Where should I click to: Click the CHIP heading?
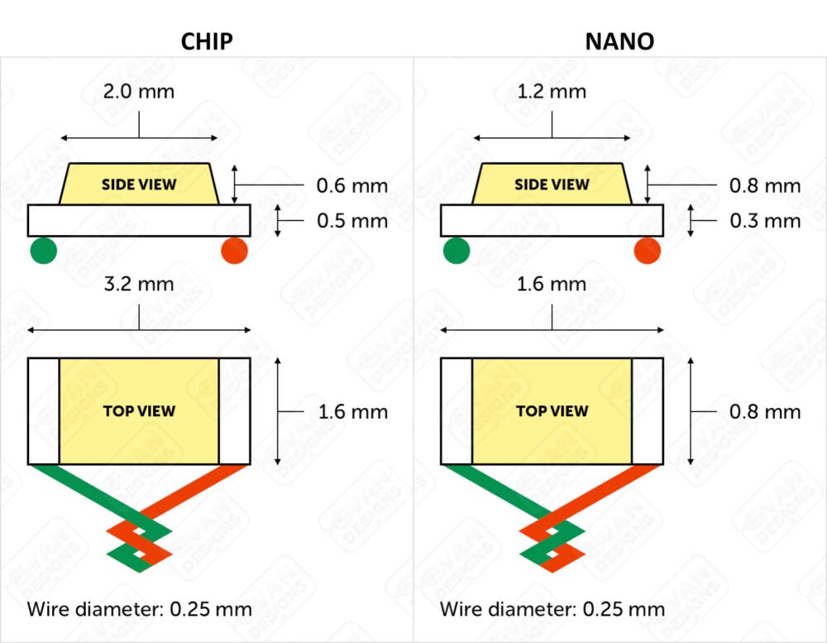(x=207, y=41)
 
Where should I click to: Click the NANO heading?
(x=619, y=41)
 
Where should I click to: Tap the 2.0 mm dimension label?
(x=139, y=91)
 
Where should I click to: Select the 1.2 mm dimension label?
(x=552, y=91)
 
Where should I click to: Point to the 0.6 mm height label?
(x=351, y=186)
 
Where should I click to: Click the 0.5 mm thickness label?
(x=352, y=221)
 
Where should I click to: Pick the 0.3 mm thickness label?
(x=765, y=221)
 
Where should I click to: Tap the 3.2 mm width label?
(x=139, y=284)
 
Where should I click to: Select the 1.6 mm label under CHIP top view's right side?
(x=353, y=412)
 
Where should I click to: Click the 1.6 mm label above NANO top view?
(x=552, y=284)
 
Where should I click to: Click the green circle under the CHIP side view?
(x=43, y=250)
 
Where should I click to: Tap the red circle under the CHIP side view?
(x=235, y=250)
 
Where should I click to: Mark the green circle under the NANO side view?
(x=457, y=250)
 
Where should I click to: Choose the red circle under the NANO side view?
(x=648, y=250)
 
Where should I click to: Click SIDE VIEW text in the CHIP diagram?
(x=139, y=185)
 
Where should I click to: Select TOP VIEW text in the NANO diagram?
(x=552, y=410)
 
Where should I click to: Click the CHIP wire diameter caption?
(x=139, y=609)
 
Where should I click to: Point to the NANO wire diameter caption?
(x=552, y=609)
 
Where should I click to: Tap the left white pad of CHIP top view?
(x=44, y=411)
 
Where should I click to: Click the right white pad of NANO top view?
(x=648, y=411)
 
